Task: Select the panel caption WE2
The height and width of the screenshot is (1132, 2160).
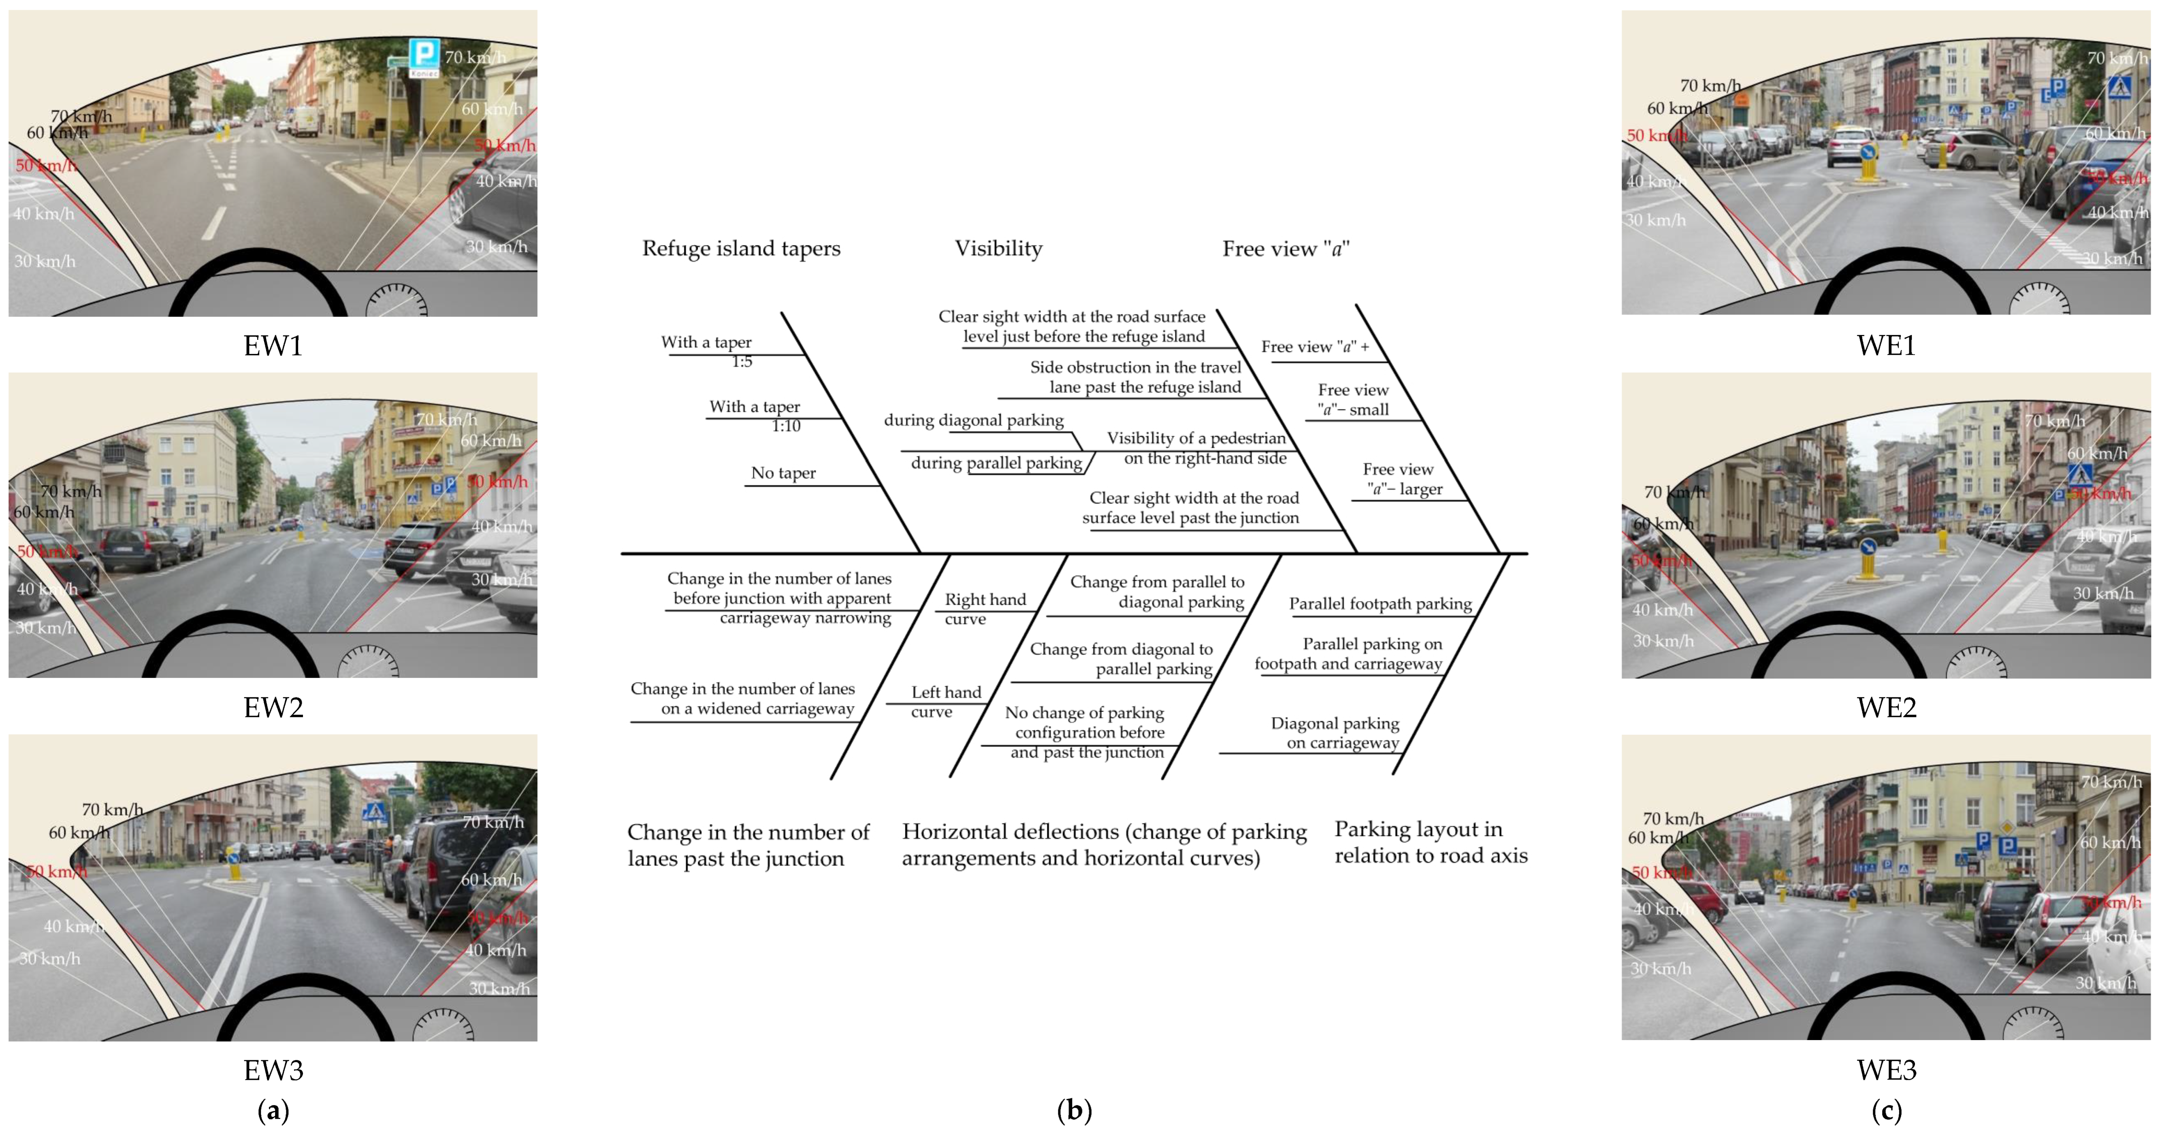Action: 1886,707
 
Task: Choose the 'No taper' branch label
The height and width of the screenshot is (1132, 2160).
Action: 783,473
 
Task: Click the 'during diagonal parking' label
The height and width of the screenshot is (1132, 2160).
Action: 974,420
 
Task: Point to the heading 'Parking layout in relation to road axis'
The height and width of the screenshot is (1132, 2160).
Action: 1431,842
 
